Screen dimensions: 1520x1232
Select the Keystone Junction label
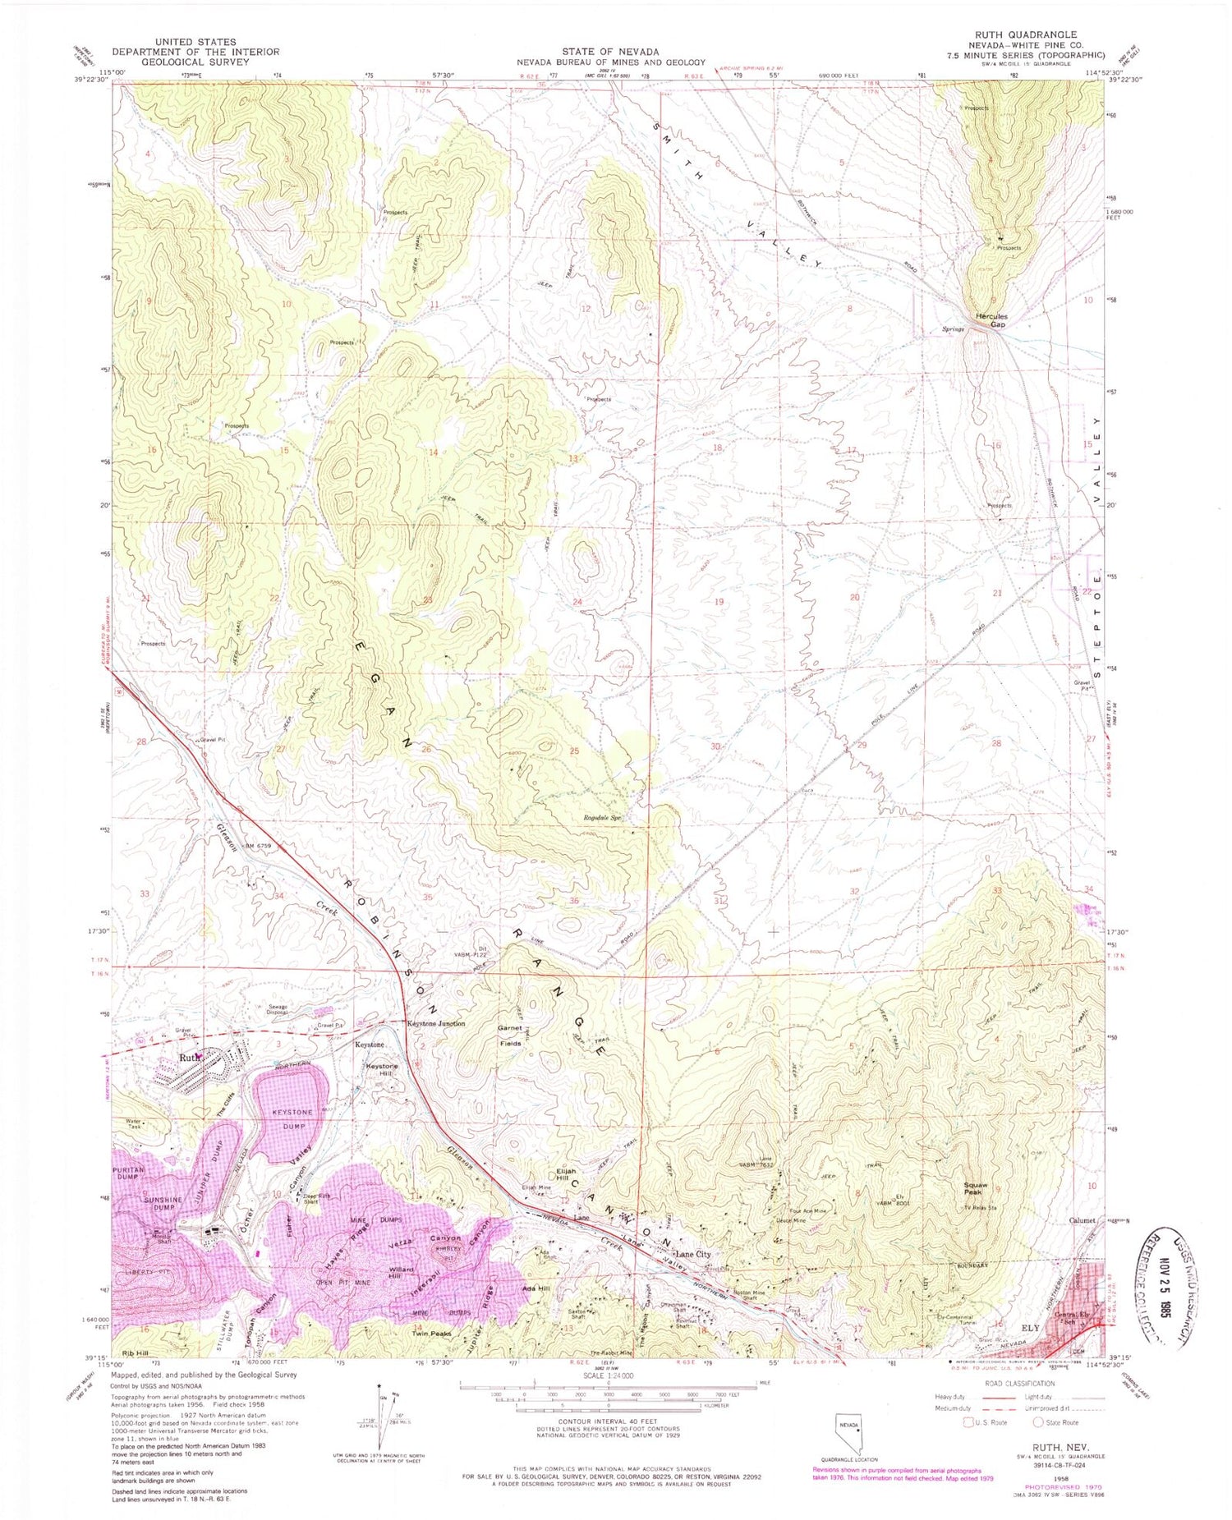click(437, 1023)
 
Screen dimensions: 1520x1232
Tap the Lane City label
click(692, 1255)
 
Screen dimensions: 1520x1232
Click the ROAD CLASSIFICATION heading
click(1018, 1383)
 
